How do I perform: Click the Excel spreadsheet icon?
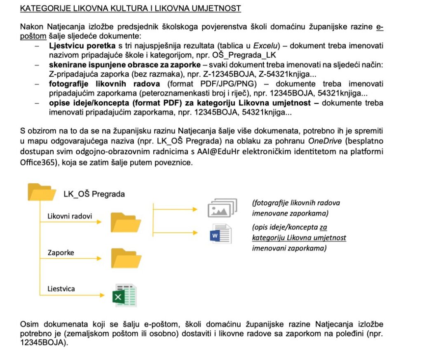(125, 295)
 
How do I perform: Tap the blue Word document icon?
(220, 234)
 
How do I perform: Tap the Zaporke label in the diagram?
(61, 252)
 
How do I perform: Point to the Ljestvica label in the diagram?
(61, 289)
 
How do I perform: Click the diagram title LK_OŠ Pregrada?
(94, 194)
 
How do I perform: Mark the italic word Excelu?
(265, 45)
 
